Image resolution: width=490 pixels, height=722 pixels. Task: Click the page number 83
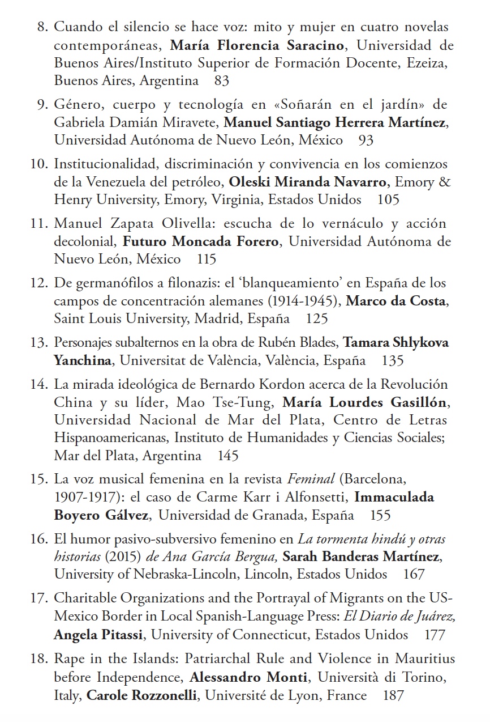click(222, 80)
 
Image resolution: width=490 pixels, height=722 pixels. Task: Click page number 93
click(366, 139)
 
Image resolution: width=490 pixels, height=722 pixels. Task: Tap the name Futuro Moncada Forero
click(201, 241)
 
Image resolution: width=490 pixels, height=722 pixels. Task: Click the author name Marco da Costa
click(396, 301)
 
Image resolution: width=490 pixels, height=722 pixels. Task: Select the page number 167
click(414, 574)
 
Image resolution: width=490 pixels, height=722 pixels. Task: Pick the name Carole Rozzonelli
click(141, 695)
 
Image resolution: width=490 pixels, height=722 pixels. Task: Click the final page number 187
click(393, 695)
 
